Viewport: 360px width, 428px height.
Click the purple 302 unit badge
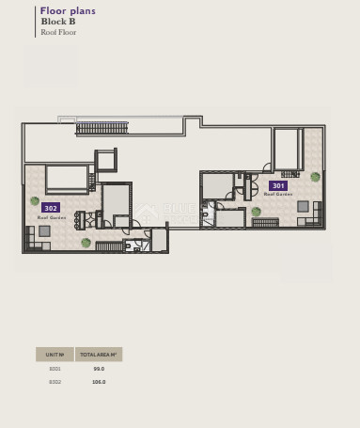[51, 208]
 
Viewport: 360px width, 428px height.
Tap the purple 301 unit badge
[277, 185]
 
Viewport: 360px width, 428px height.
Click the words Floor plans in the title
[68, 11]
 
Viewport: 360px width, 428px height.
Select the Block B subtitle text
[57, 22]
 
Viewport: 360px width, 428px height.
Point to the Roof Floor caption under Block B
[58, 32]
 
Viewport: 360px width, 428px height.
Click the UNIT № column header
[55, 355]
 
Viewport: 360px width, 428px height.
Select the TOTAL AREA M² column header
[99, 355]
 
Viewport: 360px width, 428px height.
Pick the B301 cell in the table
[55, 369]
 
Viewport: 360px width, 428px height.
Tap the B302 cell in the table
[55, 382]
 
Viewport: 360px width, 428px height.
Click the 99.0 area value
[99, 369]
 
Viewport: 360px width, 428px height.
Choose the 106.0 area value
[99, 382]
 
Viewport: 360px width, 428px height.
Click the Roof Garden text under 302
[51, 217]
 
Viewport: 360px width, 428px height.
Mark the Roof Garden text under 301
[277, 195]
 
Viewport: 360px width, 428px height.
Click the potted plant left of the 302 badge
[35, 200]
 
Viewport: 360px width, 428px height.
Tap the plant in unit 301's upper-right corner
[315, 177]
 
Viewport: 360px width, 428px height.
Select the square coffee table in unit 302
[44, 230]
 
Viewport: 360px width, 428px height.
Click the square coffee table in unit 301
[303, 206]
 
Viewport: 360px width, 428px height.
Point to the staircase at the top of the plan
[102, 128]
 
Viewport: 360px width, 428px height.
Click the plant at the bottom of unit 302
[86, 243]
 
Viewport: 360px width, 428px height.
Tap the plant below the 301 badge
[256, 212]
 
